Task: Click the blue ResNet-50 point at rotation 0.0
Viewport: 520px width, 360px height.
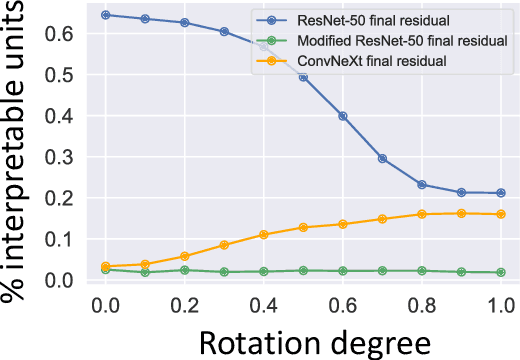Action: pos(105,15)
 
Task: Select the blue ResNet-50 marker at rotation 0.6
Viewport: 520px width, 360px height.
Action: pos(342,116)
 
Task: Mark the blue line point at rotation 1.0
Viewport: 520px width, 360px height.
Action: pos(500,193)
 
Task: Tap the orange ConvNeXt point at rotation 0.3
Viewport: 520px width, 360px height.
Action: pos(224,245)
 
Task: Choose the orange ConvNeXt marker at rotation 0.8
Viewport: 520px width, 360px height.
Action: pos(421,214)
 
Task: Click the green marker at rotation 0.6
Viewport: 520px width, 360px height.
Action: pos(342,271)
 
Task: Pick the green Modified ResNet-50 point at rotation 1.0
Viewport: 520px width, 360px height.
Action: pos(500,272)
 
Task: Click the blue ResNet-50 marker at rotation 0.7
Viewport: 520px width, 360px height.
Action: pos(382,158)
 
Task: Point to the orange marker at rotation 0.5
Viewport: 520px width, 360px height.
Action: pos(303,227)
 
